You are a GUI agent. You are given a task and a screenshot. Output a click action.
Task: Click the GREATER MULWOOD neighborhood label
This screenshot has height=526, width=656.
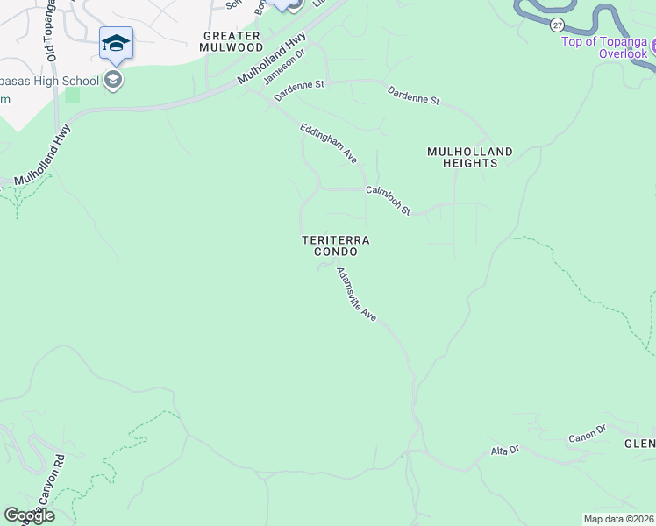(232, 41)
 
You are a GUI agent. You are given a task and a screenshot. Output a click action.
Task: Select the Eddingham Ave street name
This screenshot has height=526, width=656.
(329, 143)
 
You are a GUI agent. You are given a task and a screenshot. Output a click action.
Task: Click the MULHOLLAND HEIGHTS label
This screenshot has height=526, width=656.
(470, 158)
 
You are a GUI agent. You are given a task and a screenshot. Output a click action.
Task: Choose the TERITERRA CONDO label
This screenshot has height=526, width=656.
(336, 245)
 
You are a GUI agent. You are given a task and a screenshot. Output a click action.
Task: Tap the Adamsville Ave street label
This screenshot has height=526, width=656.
(356, 294)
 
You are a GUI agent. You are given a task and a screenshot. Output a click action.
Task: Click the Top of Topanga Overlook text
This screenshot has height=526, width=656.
(604, 47)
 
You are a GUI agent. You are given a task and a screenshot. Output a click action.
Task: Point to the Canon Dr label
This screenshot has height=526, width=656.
(587, 432)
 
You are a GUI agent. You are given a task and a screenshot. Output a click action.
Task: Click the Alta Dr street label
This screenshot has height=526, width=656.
(504, 451)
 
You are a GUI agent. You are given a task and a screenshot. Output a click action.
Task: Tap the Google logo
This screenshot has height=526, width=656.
(28, 515)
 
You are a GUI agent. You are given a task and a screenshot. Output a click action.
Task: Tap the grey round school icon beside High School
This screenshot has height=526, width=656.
(112, 81)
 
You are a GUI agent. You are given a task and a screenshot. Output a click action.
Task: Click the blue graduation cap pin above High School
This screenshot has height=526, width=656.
(116, 43)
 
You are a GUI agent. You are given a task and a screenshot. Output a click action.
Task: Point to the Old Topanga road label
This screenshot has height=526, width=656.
(52, 30)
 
